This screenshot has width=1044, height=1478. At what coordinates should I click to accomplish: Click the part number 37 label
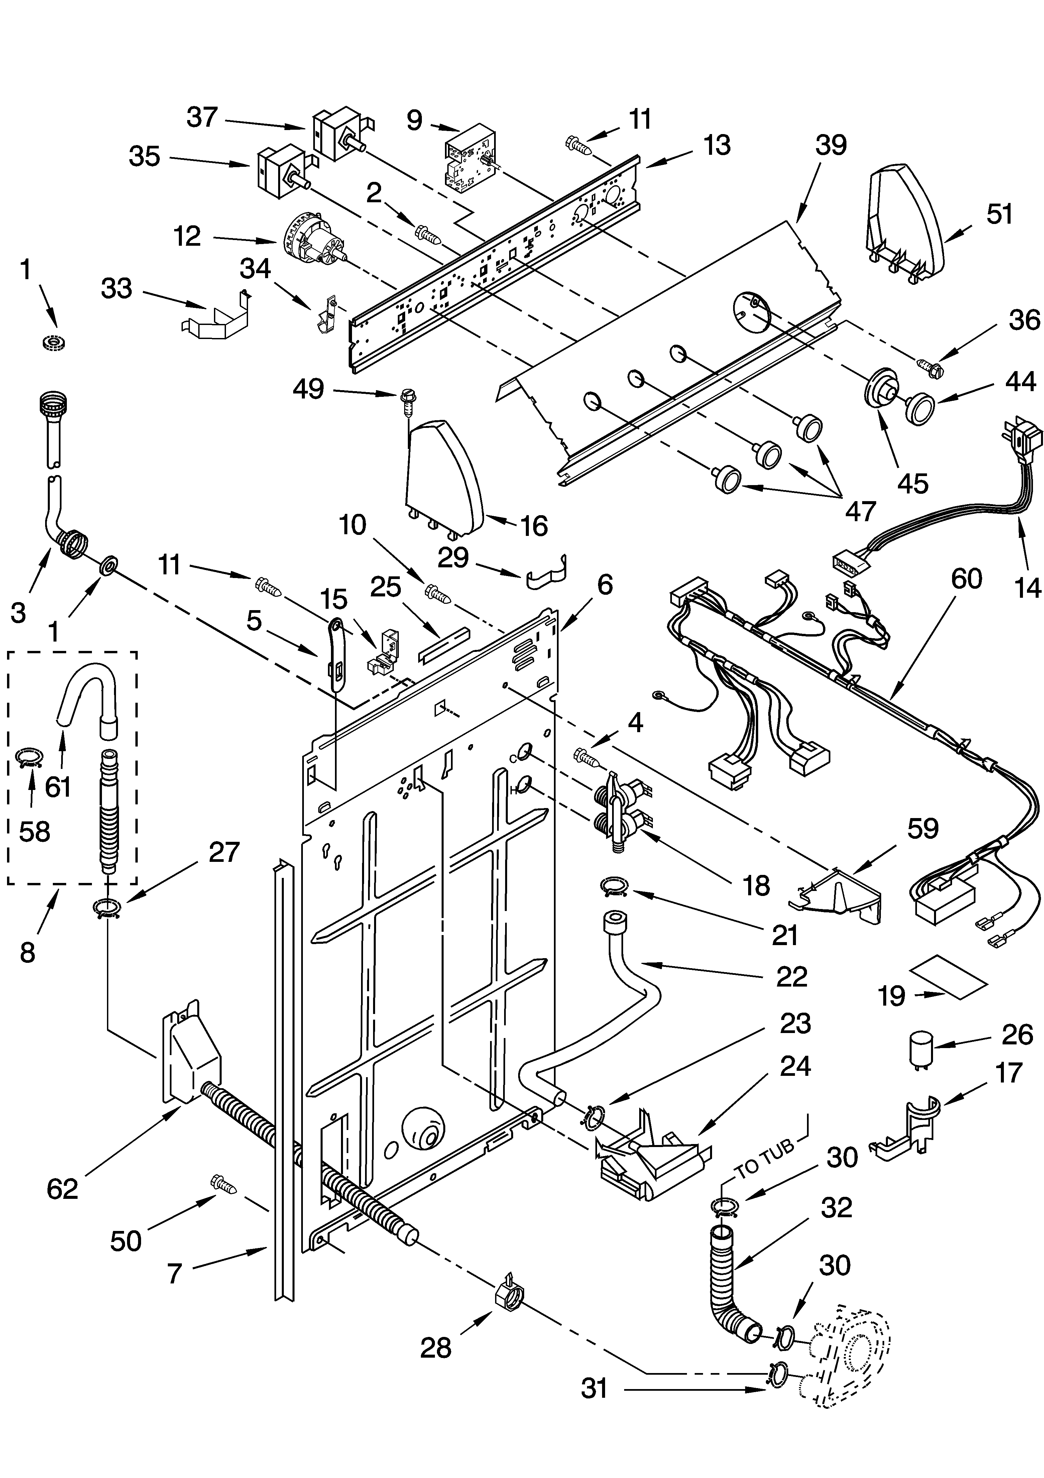(202, 118)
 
